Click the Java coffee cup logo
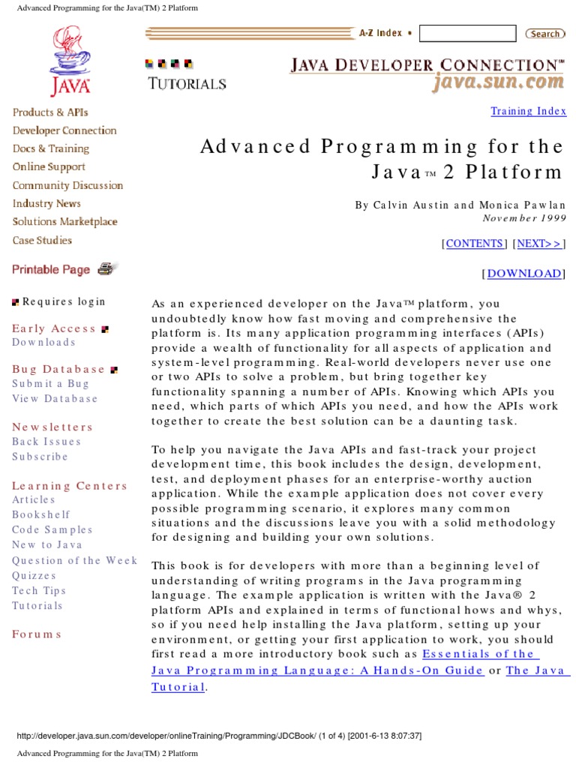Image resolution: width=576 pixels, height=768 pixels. [70, 61]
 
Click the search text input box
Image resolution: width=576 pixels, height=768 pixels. [467, 34]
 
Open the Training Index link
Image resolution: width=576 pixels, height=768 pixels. [528, 111]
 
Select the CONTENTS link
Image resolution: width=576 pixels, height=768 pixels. [475, 243]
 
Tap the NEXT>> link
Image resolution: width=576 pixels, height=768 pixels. [539, 243]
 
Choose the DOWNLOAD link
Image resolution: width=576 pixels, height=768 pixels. [523, 274]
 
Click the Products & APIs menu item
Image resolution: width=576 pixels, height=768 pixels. [50, 112]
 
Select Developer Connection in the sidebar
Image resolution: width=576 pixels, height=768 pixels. [64, 130]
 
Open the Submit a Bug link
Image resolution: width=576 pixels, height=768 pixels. [50, 384]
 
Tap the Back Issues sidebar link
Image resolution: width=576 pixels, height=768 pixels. [46, 442]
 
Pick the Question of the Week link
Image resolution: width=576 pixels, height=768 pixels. [74, 560]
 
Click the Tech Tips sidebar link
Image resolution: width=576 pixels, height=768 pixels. [39, 591]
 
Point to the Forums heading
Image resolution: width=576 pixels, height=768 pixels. [37, 634]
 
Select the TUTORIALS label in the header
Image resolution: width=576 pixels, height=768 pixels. [187, 84]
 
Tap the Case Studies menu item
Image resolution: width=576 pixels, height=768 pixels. [43, 241]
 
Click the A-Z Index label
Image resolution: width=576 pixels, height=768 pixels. [380, 33]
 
